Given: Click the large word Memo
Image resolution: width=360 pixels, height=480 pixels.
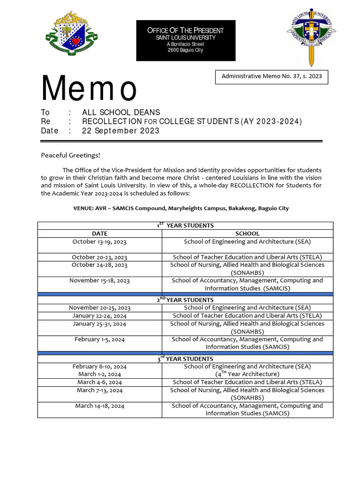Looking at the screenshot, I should click(89, 89).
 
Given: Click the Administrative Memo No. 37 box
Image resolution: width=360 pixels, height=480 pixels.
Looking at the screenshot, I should click(271, 76).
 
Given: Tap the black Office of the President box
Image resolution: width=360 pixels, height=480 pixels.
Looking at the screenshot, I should click(186, 41).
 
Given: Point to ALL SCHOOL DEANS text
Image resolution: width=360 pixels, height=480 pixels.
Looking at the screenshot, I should click(121, 112).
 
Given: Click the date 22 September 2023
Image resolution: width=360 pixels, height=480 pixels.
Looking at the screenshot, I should click(120, 131).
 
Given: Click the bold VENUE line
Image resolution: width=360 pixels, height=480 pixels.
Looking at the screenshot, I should click(181, 208).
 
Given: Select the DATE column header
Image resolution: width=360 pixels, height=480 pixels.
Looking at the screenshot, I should click(99, 233).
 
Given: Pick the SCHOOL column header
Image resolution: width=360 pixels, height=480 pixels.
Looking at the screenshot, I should click(247, 233).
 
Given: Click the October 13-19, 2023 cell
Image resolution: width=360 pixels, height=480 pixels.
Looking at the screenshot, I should click(99, 242).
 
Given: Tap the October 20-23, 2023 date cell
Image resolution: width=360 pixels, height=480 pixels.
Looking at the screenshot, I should click(99, 257).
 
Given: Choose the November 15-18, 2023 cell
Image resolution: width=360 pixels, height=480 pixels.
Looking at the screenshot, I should click(99, 281).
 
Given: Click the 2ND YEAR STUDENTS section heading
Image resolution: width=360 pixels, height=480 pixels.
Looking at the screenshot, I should click(185, 300).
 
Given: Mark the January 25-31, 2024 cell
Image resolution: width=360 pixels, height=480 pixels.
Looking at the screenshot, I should click(99, 324).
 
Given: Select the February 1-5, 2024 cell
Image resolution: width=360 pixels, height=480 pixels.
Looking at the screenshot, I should click(99, 339).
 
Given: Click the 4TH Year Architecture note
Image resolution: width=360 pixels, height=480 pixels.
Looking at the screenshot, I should click(247, 374).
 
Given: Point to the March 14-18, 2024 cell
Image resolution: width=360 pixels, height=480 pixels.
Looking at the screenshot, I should click(99, 406).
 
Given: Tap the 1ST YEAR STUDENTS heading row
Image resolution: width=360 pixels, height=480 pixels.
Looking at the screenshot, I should click(185, 225).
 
